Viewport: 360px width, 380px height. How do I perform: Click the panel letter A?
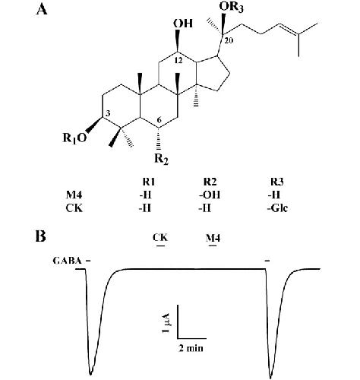pos(42,9)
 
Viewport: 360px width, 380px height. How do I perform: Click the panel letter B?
pos(41,236)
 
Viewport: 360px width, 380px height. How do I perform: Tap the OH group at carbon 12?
pos(183,24)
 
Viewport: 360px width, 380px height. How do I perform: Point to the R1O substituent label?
pos(74,138)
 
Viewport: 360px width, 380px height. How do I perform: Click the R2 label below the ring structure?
pos(161,159)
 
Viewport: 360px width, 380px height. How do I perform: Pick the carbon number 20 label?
pos(229,40)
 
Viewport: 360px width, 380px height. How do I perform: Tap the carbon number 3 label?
pos(107,114)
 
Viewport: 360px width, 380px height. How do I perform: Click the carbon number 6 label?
pos(159,120)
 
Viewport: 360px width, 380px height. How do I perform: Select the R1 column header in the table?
pos(149,182)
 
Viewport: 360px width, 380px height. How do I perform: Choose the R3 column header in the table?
pos(276,182)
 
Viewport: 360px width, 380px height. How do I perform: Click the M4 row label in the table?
pos(74,195)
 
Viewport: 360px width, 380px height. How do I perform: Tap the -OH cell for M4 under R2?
pos(210,195)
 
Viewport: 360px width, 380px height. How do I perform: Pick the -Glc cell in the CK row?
pos(277,208)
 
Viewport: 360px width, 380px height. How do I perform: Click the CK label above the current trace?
pos(160,237)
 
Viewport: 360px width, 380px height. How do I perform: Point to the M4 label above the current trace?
pos(213,238)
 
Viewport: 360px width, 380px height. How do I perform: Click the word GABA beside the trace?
pos(68,261)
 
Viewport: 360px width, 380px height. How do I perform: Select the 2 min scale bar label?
pos(191,348)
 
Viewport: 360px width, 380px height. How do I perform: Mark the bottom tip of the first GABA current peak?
pos(90,375)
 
